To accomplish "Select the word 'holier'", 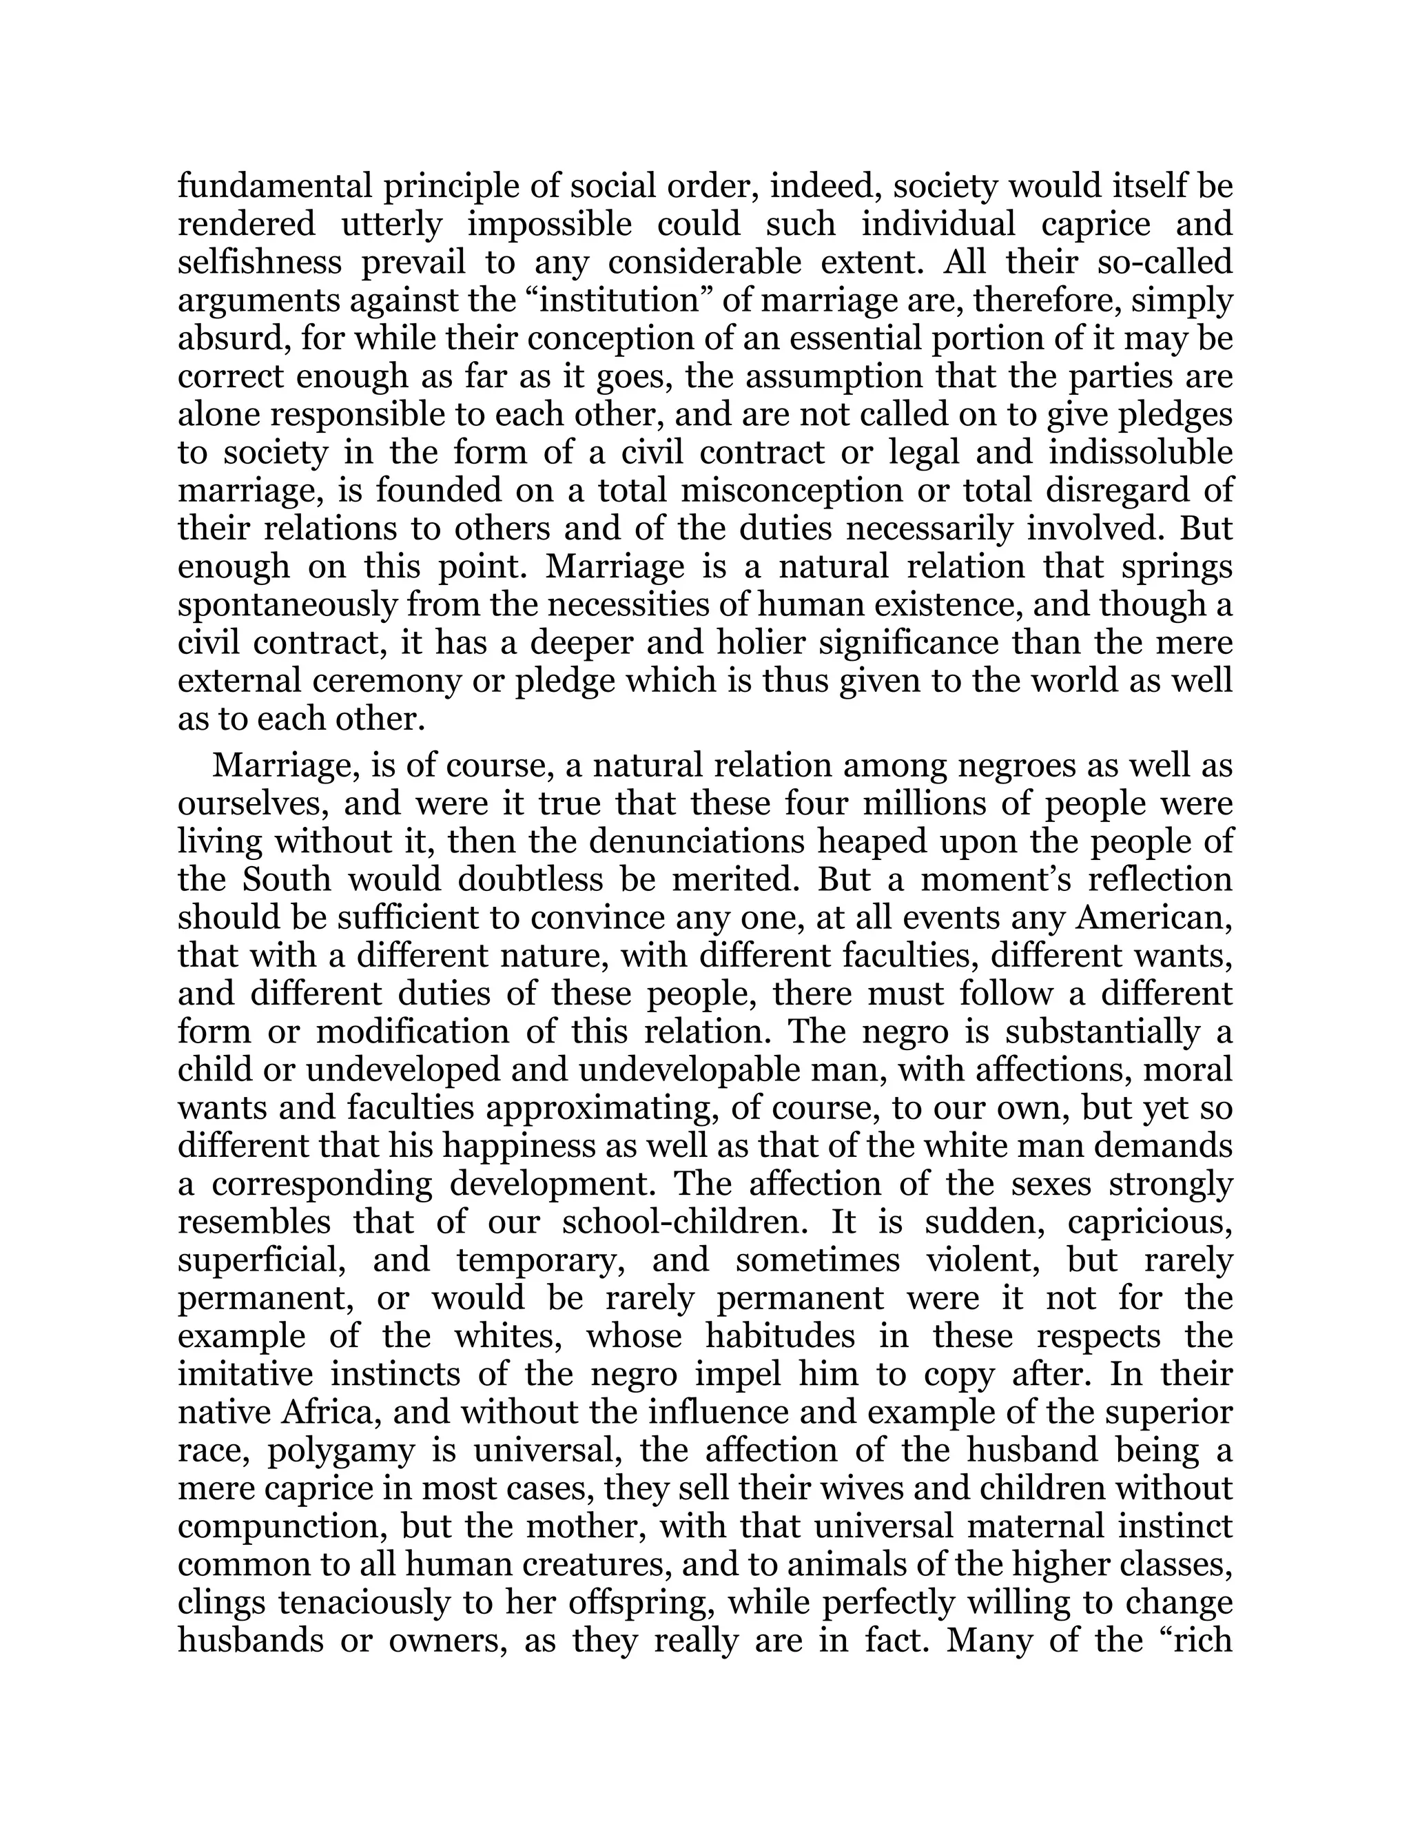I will pyautogui.click(x=761, y=643).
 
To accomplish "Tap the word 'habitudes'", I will pyautogui.click(x=780, y=1336).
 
